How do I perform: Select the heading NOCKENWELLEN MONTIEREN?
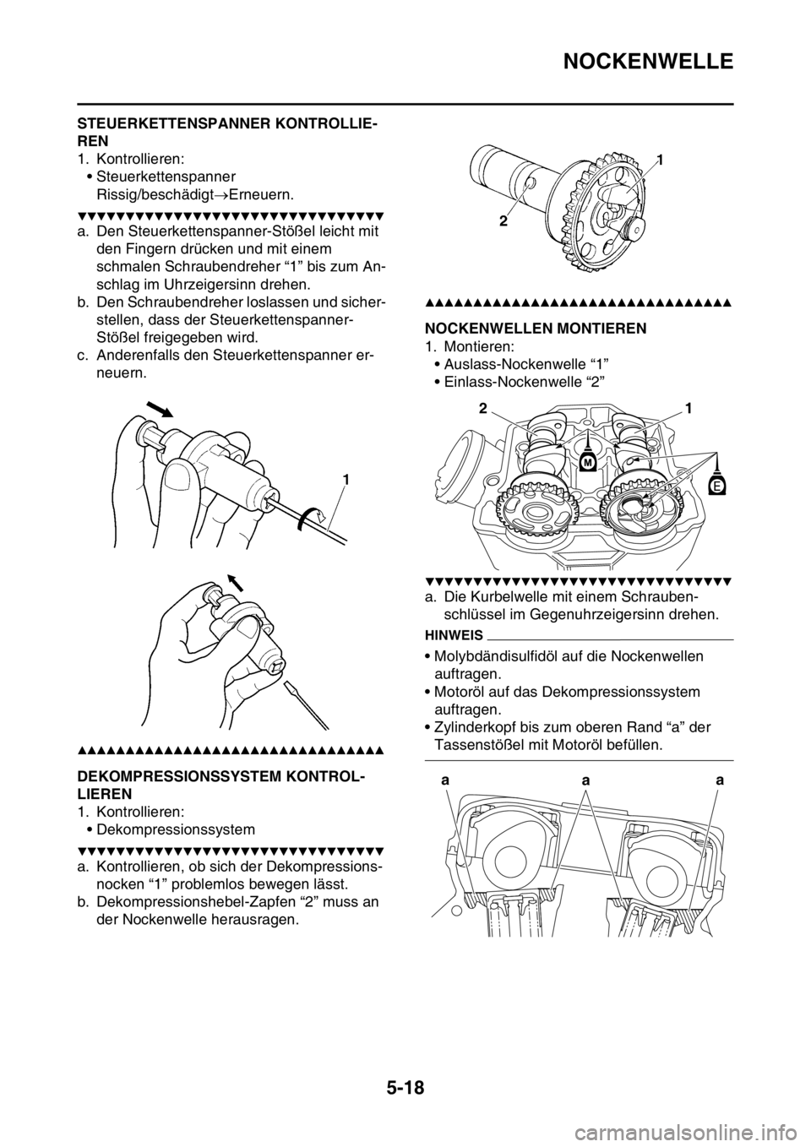click(536, 329)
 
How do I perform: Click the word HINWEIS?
click(454, 636)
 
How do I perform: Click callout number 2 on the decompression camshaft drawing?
click(503, 222)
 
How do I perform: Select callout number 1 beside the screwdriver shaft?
click(346, 480)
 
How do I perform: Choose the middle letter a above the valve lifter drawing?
click(585, 781)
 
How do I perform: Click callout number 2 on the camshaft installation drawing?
click(482, 409)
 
